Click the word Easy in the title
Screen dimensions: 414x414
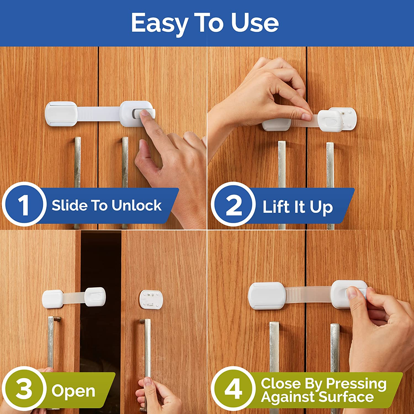pyautogui.click(x=159, y=23)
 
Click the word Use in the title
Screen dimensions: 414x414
pyautogui.click(x=254, y=23)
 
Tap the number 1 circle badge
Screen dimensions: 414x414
pyautogui.click(x=23, y=205)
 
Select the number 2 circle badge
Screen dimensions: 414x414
pyautogui.click(x=233, y=205)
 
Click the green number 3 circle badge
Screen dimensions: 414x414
pyautogui.click(x=23, y=389)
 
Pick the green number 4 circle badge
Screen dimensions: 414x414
pyautogui.click(x=233, y=389)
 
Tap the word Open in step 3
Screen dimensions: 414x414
pyautogui.click(x=73, y=391)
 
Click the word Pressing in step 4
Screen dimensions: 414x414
pyautogui.click(x=356, y=383)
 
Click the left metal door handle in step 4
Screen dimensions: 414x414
pyautogui.click(x=274, y=348)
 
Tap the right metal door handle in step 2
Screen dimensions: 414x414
pyautogui.click(x=330, y=171)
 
